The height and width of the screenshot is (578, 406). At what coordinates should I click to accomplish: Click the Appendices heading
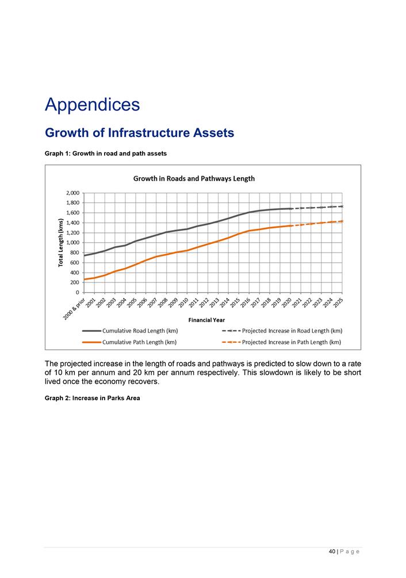click(x=93, y=105)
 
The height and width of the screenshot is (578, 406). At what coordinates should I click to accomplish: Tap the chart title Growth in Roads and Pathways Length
click(x=194, y=179)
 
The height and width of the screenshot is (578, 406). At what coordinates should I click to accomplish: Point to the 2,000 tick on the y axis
click(x=72, y=193)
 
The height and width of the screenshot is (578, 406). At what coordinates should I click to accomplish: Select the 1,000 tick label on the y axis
click(x=72, y=243)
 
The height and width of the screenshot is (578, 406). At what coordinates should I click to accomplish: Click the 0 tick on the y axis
click(x=78, y=292)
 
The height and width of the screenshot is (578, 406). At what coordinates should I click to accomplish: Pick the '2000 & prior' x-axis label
click(x=74, y=309)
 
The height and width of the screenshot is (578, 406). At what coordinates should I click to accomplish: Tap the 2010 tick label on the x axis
click(x=183, y=303)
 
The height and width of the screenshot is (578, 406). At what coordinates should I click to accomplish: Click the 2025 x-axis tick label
click(x=338, y=303)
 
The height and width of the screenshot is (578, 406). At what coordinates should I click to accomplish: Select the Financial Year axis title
click(x=206, y=320)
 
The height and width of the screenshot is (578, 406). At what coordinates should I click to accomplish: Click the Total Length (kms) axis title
click(x=61, y=243)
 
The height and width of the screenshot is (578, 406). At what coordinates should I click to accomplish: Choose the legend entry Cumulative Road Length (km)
click(x=130, y=331)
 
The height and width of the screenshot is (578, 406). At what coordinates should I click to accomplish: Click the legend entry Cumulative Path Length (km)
click(x=129, y=342)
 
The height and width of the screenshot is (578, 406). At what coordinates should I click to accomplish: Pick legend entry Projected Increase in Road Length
click(x=282, y=331)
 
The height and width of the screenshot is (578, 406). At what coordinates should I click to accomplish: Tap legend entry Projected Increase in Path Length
click(x=281, y=342)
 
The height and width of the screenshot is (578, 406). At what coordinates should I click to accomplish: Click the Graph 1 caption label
click(x=106, y=154)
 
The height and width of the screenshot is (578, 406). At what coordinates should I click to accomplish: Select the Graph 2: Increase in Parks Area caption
click(x=93, y=398)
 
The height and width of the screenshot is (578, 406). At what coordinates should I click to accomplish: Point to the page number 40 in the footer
click(x=332, y=552)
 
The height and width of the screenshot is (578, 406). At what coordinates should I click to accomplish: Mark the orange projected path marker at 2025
click(x=342, y=221)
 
